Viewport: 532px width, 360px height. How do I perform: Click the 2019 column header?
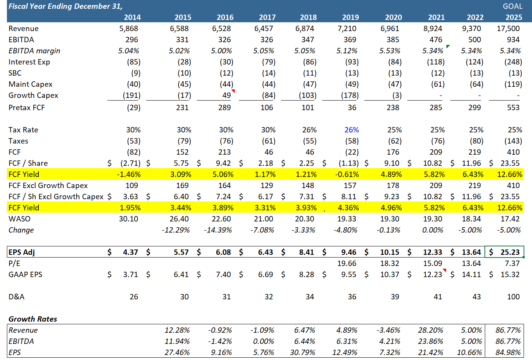(x=350, y=17)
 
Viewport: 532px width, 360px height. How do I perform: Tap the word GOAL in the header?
(x=512, y=6)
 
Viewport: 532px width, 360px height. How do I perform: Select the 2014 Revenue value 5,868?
(x=128, y=28)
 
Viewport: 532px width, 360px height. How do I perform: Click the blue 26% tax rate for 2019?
(x=351, y=130)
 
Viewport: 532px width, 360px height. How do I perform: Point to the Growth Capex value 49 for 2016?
(x=226, y=95)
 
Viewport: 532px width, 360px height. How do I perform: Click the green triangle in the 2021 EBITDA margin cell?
(x=448, y=46)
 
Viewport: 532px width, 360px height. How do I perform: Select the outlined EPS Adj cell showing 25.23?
(x=504, y=252)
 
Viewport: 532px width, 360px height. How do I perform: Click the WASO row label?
(x=19, y=219)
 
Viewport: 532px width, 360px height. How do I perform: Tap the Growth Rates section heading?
(x=33, y=319)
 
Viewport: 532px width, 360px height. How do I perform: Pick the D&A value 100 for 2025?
(x=513, y=297)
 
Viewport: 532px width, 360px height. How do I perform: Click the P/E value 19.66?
(x=347, y=263)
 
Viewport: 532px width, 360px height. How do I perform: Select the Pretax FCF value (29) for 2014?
(x=133, y=107)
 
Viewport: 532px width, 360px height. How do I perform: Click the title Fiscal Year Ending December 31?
(x=65, y=6)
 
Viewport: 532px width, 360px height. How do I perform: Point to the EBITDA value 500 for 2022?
(x=474, y=40)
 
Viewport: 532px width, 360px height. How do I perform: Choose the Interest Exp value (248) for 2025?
(x=513, y=62)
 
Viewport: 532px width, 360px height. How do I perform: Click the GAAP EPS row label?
(x=25, y=274)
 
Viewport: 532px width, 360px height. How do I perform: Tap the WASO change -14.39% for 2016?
(x=217, y=230)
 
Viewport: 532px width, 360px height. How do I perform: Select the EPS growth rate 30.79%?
(x=303, y=352)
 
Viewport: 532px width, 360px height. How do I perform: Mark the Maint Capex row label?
(x=30, y=84)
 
